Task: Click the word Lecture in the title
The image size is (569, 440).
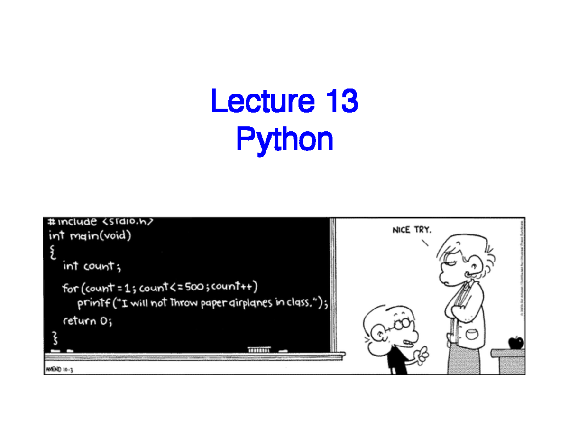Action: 262,102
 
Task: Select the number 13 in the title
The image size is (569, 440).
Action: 341,102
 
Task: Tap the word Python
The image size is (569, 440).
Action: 284,140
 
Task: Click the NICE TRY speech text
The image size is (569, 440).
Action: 412,230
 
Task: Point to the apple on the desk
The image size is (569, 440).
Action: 515,342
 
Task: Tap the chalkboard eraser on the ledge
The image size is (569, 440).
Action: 259,350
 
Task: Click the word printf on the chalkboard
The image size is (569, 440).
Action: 92,304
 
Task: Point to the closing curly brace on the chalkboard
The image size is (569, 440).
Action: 55,337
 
